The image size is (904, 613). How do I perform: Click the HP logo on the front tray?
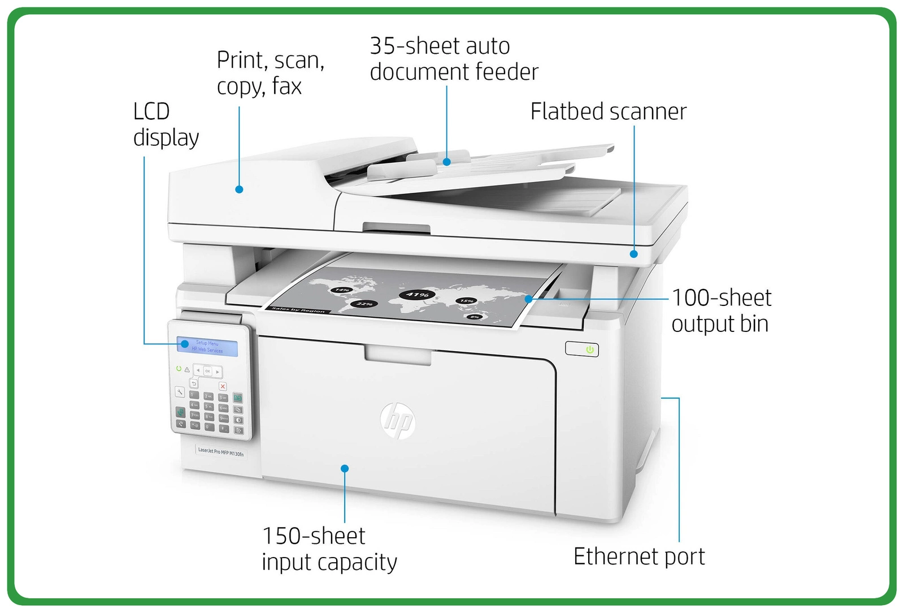pos(398,421)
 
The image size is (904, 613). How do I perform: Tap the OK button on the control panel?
pos(207,371)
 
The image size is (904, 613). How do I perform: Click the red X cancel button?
pos(223,386)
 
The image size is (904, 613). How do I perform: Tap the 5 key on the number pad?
pos(208,406)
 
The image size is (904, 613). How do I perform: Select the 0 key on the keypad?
pos(208,427)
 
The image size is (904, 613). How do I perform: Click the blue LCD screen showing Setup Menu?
pos(207,346)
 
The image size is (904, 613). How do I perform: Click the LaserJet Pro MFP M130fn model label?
pos(221,452)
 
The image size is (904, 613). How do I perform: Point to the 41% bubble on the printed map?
pos(417,295)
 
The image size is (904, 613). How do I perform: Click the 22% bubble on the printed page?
pos(364,304)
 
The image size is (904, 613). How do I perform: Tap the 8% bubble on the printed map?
pos(475,317)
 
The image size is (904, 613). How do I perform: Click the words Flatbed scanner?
pos(608,112)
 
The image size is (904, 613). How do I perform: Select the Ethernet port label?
pos(638,556)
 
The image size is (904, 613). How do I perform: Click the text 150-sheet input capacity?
pos(329,549)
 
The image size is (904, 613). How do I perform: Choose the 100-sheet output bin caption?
pos(721,310)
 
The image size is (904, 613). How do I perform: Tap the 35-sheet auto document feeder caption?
pos(454,59)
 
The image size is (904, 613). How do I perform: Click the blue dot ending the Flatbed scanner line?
pos(634,254)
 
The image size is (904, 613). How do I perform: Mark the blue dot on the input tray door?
pos(345,468)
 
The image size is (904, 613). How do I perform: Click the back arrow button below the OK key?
pos(194,383)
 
